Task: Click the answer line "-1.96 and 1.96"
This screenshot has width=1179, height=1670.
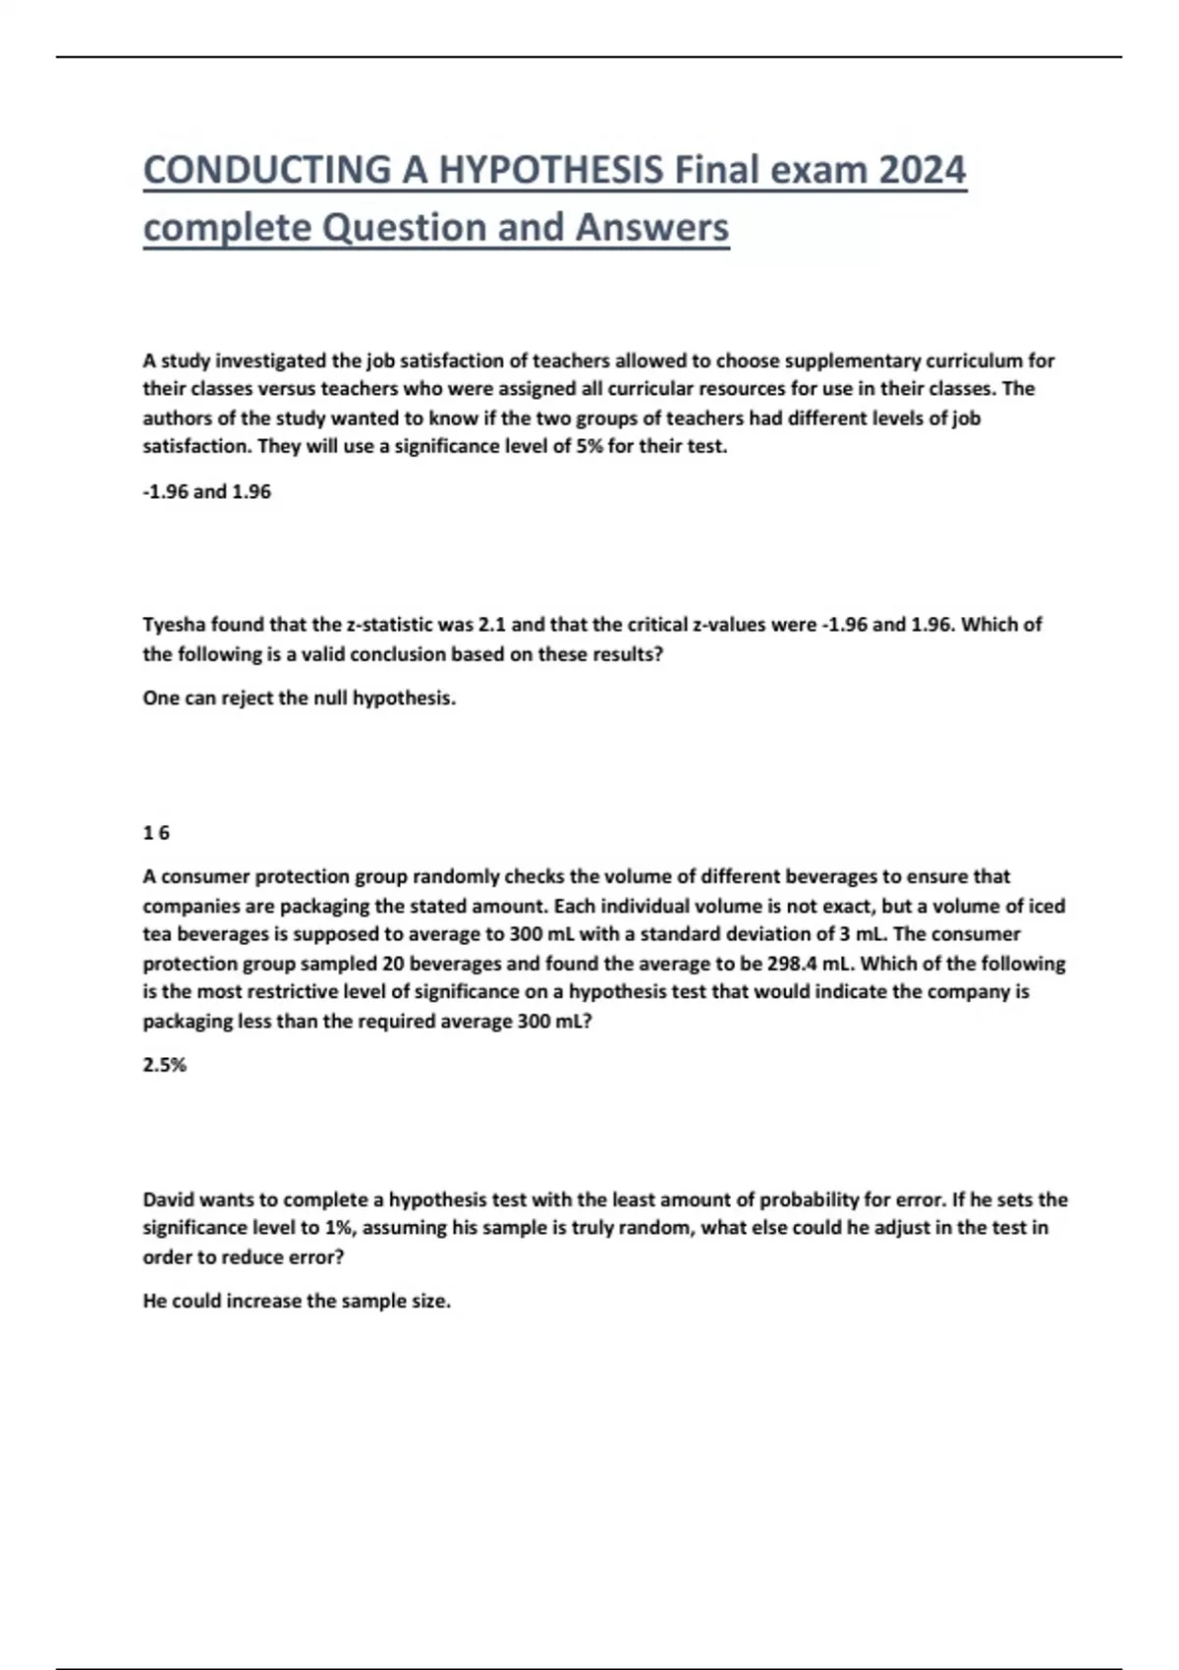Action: point(206,491)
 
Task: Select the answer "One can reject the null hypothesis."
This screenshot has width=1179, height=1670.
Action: point(299,698)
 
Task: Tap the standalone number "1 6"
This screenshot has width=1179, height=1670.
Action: point(156,833)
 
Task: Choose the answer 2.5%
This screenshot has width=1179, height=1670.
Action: point(164,1065)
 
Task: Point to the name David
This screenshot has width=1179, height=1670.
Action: point(169,1199)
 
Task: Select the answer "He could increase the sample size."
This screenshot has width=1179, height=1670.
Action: point(297,1301)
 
